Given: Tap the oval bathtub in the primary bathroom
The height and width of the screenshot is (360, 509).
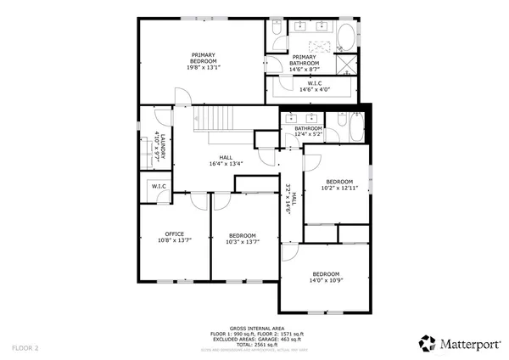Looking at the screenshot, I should click(347, 38).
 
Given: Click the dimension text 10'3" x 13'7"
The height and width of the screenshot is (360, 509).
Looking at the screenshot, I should click(242, 242).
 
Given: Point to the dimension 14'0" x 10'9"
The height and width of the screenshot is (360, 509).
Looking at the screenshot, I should click(327, 280).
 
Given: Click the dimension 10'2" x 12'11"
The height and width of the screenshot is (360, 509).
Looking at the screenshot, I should click(339, 188).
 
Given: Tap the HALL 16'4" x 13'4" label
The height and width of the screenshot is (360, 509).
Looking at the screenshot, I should click(226, 160).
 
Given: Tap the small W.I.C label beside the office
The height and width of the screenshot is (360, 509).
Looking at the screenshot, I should click(158, 186).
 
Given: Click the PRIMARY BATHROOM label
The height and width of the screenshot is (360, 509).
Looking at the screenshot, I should click(305, 60).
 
